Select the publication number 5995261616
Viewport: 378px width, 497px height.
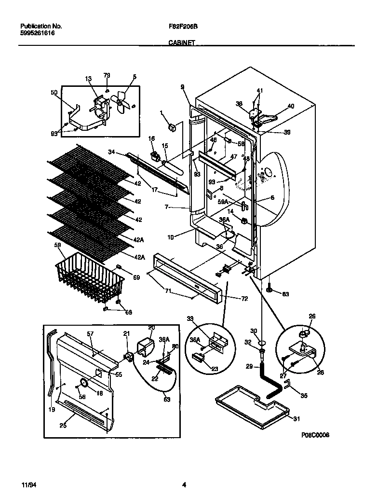click(38, 34)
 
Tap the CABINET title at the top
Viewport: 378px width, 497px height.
click(181, 43)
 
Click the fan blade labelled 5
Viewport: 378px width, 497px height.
click(121, 102)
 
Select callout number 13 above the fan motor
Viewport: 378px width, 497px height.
click(88, 78)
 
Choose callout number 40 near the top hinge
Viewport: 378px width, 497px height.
click(290, 106)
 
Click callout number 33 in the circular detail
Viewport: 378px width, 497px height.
click(189, 318)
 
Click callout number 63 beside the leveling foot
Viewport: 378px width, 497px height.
click(285, 294)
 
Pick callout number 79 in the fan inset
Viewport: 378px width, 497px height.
click(107, 75)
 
